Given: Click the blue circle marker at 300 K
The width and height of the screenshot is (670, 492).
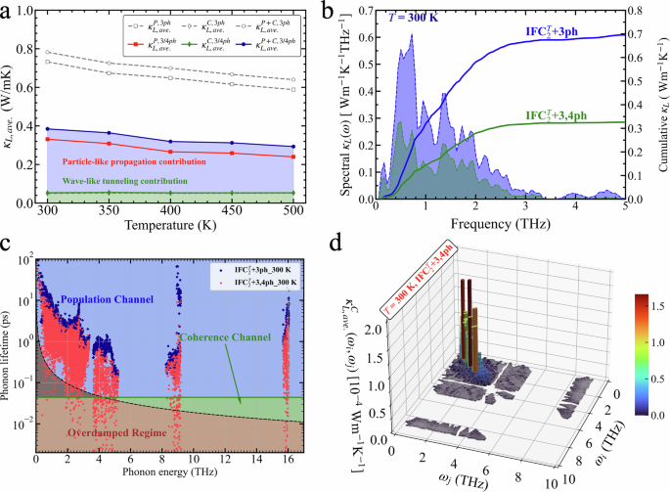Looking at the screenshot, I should click(x=48, y=129).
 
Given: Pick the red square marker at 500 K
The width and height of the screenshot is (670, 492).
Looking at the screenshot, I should click(x=291, y=157).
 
